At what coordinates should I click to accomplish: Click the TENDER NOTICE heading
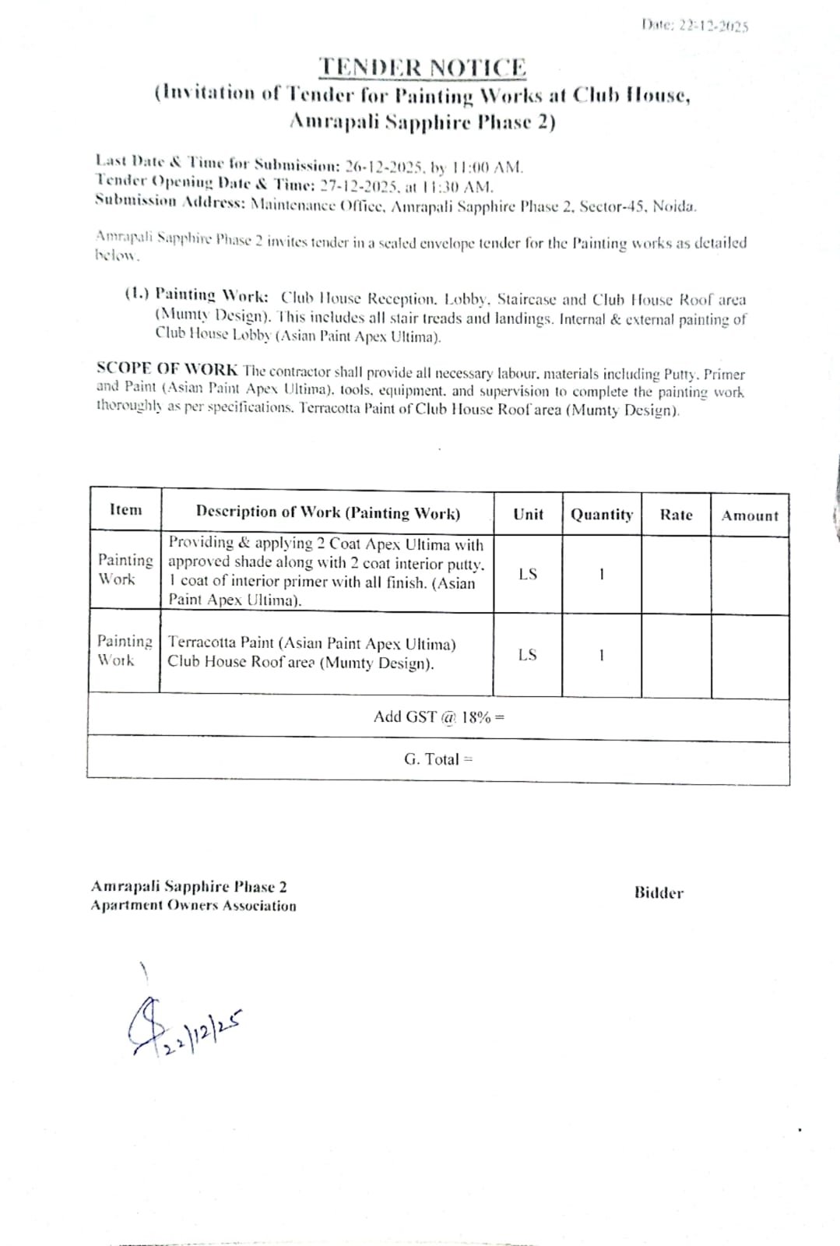423,68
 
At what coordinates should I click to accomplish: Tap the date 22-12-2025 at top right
713,25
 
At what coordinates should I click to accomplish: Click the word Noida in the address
674,206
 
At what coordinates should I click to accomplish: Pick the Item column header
126,510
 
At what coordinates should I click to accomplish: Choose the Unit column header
528,514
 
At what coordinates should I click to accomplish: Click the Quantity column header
602,514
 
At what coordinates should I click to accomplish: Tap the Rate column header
676,515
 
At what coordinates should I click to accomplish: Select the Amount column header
750,516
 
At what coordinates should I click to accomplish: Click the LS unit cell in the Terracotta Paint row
527,654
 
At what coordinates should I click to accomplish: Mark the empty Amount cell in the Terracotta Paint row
750,656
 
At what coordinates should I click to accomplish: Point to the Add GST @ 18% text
438,716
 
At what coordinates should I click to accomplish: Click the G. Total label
438,759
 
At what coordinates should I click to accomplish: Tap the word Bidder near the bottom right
659,892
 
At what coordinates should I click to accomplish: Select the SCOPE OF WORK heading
167,368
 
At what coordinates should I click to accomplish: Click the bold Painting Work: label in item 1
212,295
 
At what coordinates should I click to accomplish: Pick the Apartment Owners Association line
193,906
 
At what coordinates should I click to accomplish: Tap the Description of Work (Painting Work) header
328,512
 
